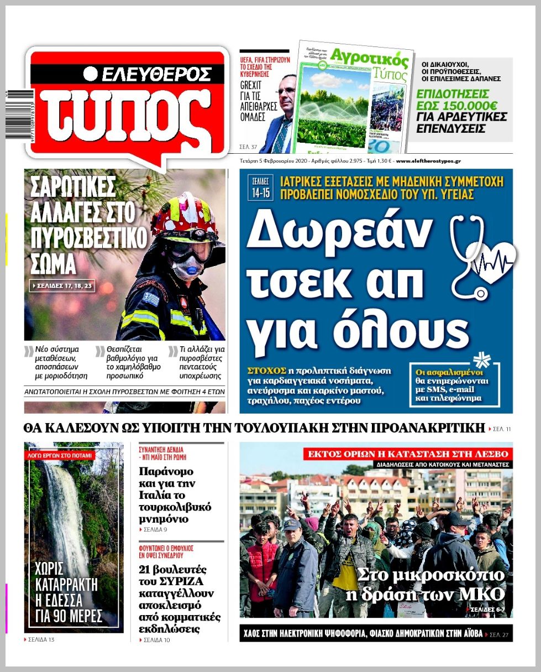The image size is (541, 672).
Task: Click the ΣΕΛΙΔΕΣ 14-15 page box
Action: (258, 187)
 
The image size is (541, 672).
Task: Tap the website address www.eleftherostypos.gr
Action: (428, 161)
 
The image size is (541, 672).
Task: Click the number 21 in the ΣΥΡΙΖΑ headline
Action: (146, 570)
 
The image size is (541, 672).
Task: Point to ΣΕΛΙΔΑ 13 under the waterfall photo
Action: (41, 640)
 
